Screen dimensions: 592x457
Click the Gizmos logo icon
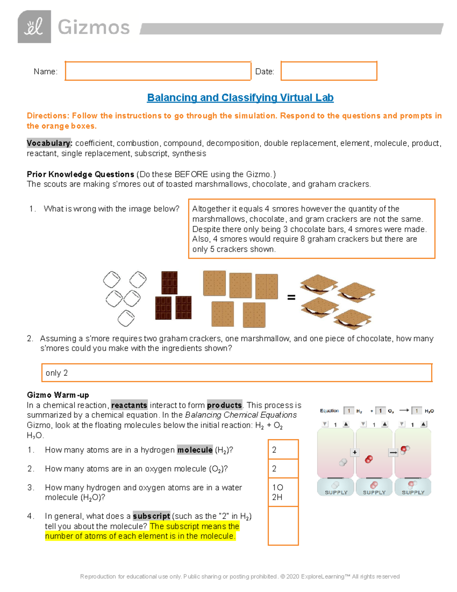tap(34, 27)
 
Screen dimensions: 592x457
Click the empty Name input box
tap(158, 71)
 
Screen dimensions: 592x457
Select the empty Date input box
tap(329, 71)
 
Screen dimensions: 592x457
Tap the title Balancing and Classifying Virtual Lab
tap(240, 98)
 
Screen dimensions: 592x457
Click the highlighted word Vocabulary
tap(49, 143)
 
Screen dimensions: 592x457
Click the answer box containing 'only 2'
tap(236, 373)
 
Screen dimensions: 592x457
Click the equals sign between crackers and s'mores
tap(291, 297)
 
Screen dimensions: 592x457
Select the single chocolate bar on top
tap(169, 282)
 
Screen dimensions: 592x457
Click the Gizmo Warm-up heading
tap(58, 395)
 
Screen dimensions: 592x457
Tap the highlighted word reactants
tap(129, 405)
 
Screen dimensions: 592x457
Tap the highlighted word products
tap(224, 405)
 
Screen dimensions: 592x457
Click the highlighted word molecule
tap(195, 450)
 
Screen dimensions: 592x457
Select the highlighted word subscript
tap(151, 516)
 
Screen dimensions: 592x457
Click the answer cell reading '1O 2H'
tap(283, 492)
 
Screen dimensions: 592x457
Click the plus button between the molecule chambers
tap(355, 452)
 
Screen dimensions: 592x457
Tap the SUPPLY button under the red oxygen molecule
tap(374, 487)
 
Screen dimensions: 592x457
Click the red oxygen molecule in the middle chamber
tap(369, 459)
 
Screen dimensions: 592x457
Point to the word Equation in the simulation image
tap(329, 411)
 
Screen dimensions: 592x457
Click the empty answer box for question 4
tap(283, 526)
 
